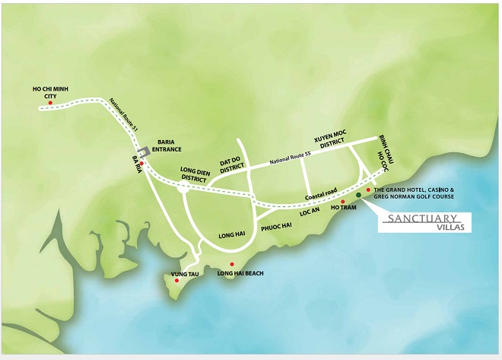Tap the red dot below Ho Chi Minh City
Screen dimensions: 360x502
pyautogui.click(x=51, y=103)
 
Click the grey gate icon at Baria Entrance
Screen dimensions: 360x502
pyautogui.click(x=142, y=152)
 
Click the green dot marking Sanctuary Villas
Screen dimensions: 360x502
pyautogui.click(x=358, y=195)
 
